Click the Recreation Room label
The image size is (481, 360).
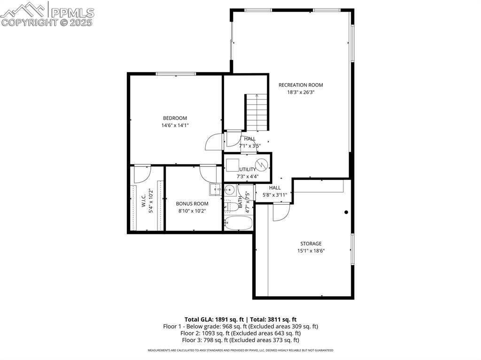click(301, 85)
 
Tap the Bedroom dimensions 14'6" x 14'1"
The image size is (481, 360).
click(175, 125)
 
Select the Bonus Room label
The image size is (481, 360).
click(192, 204)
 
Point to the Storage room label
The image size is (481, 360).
click(310, 244)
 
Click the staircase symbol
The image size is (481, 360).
click(256, 113)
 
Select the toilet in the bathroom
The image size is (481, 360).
click(230, 205)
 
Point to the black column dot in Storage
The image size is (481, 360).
click(346, 212)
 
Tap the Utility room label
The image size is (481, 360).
click(248, 169)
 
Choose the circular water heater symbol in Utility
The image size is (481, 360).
click(262, 165)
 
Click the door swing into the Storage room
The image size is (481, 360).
click(281, 212)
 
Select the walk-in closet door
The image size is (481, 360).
click(141, 174)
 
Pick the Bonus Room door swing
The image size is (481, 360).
click(208, 173)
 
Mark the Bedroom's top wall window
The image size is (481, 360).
click(176, 74)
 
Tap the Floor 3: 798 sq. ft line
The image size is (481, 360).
click(240, 340)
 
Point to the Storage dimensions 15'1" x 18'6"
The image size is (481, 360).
click(310, 251)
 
